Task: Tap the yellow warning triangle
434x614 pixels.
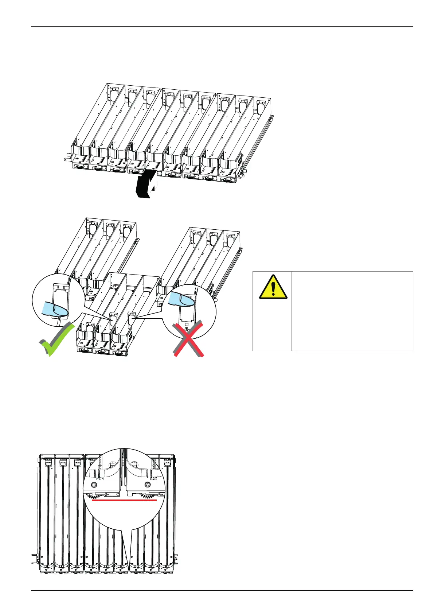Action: [273, 287]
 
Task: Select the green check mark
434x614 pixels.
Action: [56, 340]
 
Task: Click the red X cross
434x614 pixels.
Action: [188, 339]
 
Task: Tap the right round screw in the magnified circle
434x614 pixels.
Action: [148, 484]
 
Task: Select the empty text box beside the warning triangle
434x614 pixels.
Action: [352, 311]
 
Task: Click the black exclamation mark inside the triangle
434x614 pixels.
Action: [273, 289]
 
